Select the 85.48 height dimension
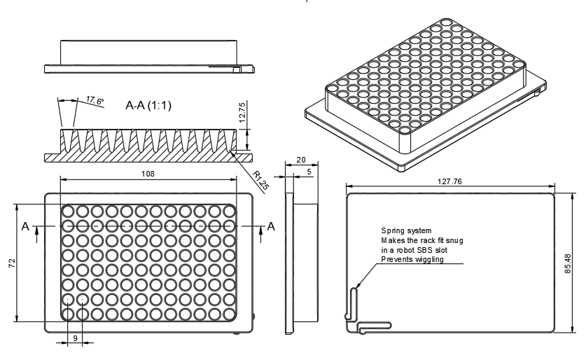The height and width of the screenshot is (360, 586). coord(568,264)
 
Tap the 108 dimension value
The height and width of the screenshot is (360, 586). coord(148,173)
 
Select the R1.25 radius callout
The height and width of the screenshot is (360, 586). coord(260,180)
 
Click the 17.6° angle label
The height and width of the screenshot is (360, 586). coord(95,102)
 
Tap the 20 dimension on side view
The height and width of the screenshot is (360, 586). coord(301,160)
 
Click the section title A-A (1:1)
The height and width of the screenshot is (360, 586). coord(148,106)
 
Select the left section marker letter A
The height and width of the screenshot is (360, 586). coord(25,226)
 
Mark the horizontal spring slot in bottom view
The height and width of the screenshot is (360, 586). coord(375,325)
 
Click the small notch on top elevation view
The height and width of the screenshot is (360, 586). coord(237,69)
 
